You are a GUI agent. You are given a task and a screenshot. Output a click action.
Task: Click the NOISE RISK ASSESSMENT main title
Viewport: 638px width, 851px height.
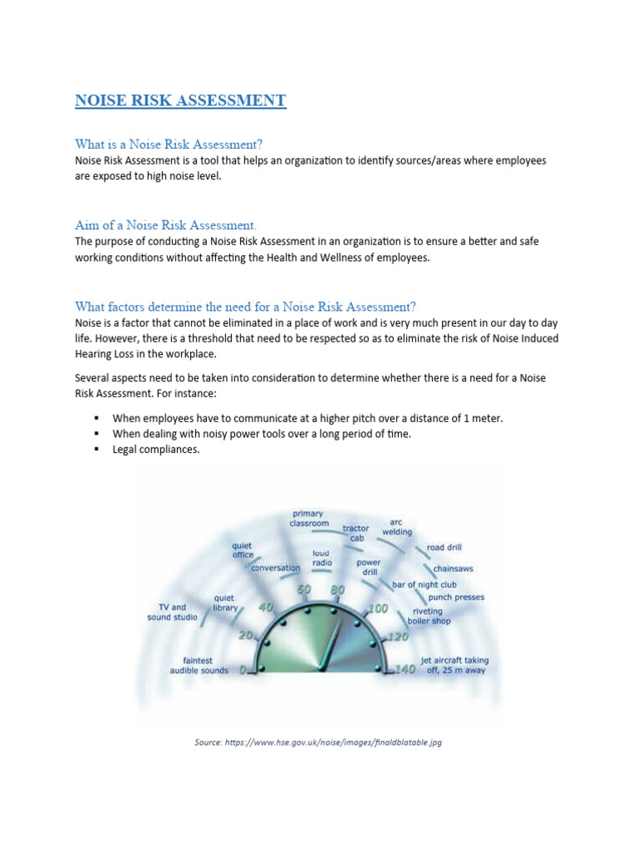coord(180,101)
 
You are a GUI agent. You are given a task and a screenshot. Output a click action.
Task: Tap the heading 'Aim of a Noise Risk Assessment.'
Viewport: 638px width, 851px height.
coord(166,225)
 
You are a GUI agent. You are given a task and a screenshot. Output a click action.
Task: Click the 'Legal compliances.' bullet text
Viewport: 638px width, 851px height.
coord(157,450)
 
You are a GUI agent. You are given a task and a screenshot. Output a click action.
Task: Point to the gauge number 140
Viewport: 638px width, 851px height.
coord(405,669)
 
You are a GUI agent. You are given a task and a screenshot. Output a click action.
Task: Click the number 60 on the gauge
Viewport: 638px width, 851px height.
coord(304,590)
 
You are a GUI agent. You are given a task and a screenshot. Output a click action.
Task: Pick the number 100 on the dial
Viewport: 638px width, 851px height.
coord(378,609)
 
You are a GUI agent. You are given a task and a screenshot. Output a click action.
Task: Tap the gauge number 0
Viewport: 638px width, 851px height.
coord(243,670)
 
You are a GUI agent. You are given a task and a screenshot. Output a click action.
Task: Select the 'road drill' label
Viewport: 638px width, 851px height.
coord(444,548)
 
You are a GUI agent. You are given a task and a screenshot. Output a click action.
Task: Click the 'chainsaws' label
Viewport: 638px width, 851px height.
coord(454,570)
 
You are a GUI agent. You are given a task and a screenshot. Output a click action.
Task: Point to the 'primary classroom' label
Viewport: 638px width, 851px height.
coord(308,519)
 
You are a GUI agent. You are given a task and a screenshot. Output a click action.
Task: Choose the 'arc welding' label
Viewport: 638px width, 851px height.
coord(397,527)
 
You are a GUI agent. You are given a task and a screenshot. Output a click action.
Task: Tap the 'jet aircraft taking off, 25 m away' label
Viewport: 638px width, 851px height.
coord(454,666)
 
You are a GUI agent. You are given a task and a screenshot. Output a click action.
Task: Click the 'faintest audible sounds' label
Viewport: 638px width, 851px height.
coord(199,666)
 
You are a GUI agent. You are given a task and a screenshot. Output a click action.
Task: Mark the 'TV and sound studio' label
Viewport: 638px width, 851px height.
coord(173,612)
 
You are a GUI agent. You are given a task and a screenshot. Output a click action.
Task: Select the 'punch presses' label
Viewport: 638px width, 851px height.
coord(456,597)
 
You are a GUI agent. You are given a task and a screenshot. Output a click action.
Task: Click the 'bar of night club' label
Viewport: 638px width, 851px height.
coord(426,584)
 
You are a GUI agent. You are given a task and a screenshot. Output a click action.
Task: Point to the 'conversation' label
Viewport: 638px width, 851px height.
coord(276,568)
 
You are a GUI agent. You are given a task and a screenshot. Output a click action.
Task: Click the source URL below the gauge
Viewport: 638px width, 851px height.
coord(318,742)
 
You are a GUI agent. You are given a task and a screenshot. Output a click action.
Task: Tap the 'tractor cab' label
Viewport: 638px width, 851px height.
coord(356,533)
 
